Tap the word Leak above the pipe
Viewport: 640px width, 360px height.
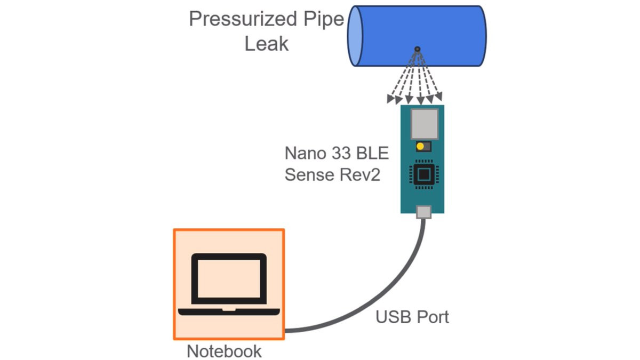click(266, 44)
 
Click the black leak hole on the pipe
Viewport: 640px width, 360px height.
click(417, 49)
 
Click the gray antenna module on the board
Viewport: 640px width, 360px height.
click(424, 123)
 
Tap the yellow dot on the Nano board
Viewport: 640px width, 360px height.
click(420, 146)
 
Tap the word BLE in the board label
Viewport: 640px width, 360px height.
click(372, 154)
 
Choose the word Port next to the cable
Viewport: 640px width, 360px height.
click(431, 317)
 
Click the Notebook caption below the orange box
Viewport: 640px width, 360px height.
click(224, 351)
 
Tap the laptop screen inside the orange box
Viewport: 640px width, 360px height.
click(229, 277)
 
